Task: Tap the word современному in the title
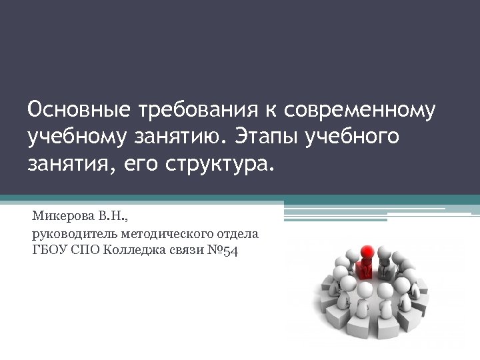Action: point(359,111)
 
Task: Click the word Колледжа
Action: point(133,251)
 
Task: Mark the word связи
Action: point(183,251)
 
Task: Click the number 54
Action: point(231,251)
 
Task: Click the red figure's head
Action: point(366,253)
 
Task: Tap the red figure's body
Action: point(365,269)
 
